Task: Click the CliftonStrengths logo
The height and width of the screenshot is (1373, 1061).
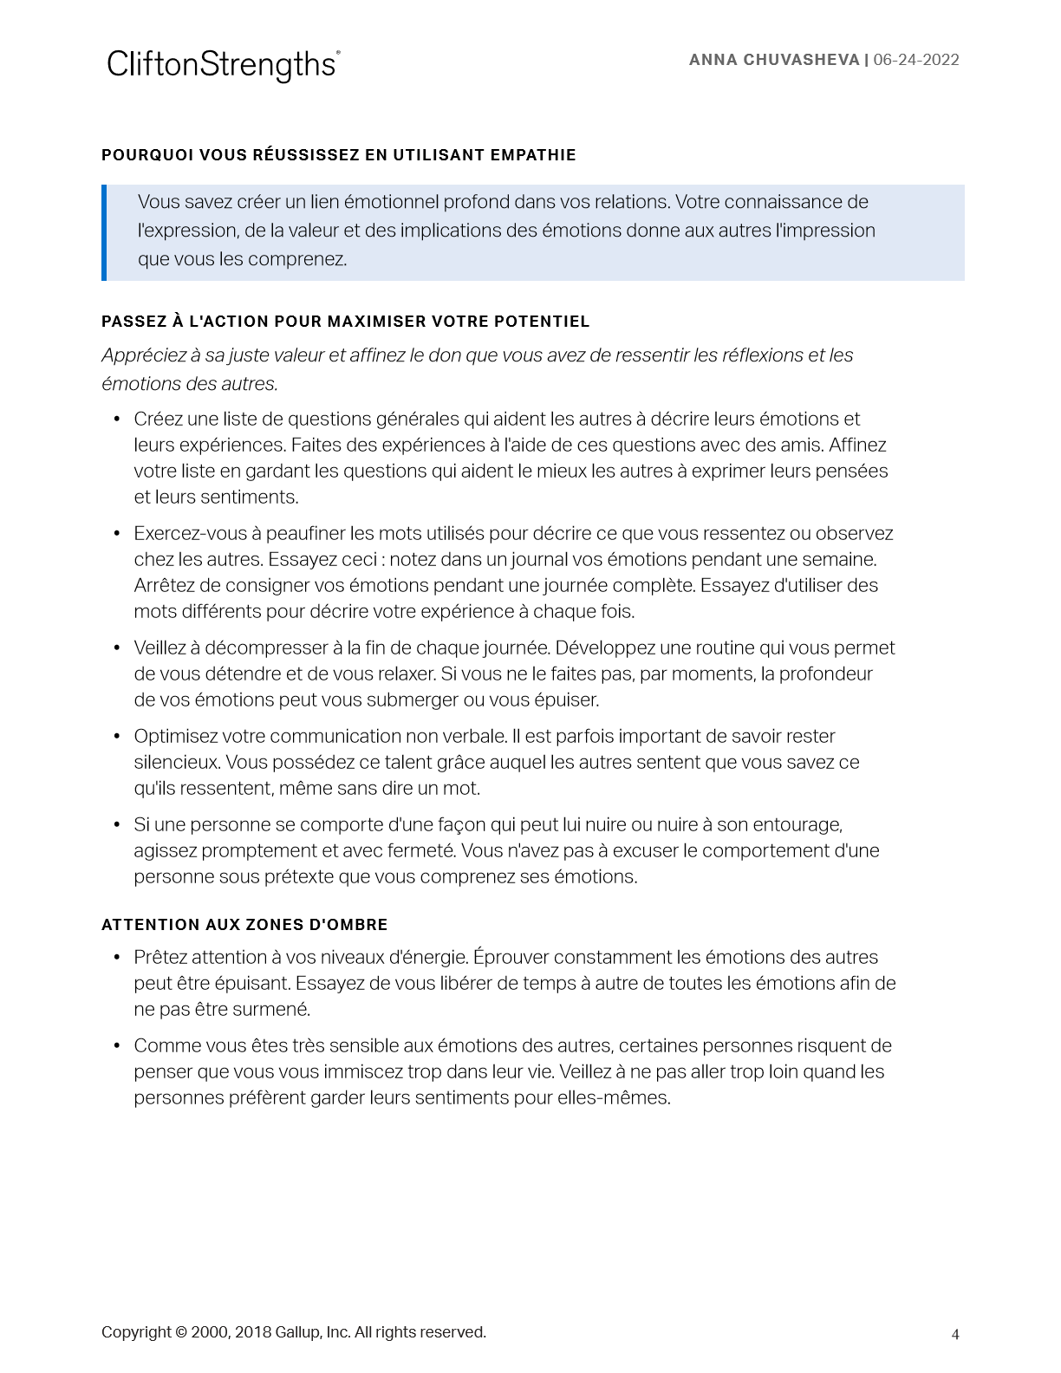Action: tap(223, 65)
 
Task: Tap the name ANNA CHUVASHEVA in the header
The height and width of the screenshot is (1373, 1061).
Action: tap(774, 60)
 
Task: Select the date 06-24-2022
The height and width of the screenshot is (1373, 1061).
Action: tap(916, 60)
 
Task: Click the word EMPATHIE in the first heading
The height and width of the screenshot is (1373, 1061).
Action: tap(533, 155)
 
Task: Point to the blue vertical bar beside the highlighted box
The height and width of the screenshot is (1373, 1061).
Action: tap(104, 232)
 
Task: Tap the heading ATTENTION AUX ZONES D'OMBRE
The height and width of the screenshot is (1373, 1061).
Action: tap(244, 925)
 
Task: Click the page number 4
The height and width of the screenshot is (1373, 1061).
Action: tap(955, 1335)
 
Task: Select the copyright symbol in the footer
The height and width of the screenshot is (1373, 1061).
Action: tap(180, 1332)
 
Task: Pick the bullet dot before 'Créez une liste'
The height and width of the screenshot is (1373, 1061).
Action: tap(117, 420)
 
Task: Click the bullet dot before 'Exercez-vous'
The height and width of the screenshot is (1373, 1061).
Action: tap(117, 534)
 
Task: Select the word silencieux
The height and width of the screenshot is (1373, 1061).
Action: tap(176, 763)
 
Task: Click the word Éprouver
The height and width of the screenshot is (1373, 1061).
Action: tap(511, 958)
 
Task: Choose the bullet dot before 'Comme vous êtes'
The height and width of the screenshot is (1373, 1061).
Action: tap(117, 1046)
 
